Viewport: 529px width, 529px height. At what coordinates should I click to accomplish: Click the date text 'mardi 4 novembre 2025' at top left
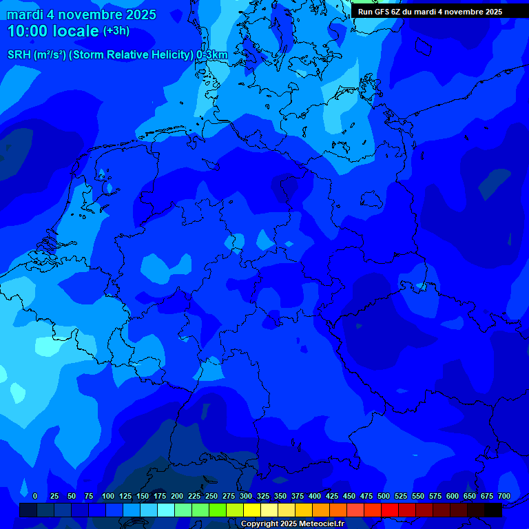(81, 14)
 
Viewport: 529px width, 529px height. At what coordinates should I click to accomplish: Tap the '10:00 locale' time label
(52, 31)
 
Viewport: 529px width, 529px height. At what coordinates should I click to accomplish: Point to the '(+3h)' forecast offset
(116, 31)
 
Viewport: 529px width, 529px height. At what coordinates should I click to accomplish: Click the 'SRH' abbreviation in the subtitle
(19, 54)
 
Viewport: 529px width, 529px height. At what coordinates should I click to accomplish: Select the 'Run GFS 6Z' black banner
(430, 12)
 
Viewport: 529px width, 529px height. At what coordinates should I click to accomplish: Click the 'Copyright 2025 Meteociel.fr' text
(292, 523)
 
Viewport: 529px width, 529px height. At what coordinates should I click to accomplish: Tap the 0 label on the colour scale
(35, 496)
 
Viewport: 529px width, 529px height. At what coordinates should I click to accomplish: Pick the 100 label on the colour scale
(108, 496)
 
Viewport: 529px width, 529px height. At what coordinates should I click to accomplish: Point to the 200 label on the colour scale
(177, 496)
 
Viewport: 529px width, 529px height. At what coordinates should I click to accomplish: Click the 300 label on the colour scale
(246, 496)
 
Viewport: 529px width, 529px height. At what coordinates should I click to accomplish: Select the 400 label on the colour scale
(315, 496)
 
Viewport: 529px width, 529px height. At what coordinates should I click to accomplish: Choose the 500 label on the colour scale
(384, 496)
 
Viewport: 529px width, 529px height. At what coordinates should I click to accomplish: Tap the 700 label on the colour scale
(504, 496)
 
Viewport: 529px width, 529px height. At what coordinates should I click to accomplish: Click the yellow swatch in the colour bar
(252, 510)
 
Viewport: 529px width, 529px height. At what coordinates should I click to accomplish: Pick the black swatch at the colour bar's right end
(493, 510)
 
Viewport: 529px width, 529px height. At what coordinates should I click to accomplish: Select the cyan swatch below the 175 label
(166, 510)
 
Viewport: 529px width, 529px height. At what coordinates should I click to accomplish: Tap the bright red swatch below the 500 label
(390, 510)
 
